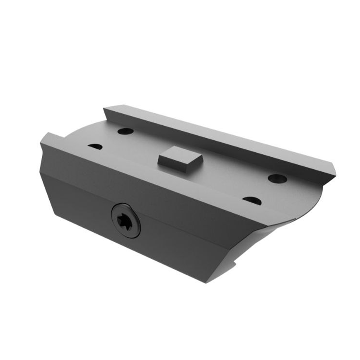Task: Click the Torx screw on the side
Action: pyautogui.click(x=126, y=220)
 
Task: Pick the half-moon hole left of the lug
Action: pyautogui.click(x=95, y=147)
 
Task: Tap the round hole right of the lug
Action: pyautogui.click(x=278, y=178)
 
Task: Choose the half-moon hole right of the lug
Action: pyautogui.click(x=252, y=201)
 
